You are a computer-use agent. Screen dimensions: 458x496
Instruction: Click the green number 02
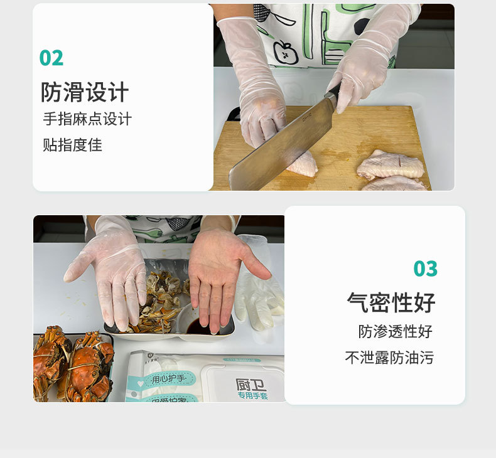(x=51, y=58)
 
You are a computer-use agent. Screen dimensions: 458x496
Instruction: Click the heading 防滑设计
(x=85, y=92)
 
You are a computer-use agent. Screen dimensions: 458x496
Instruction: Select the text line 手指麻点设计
(x=87, y=119)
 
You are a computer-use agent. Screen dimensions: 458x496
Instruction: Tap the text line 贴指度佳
(x=72, y=145)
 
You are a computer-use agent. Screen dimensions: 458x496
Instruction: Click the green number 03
(x=425, y=269)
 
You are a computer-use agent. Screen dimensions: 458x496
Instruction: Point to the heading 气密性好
(x=391, y=303)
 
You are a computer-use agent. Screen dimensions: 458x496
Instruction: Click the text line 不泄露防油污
(x=389, y=358)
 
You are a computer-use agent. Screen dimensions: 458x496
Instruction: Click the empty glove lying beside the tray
(x=259, y=295)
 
